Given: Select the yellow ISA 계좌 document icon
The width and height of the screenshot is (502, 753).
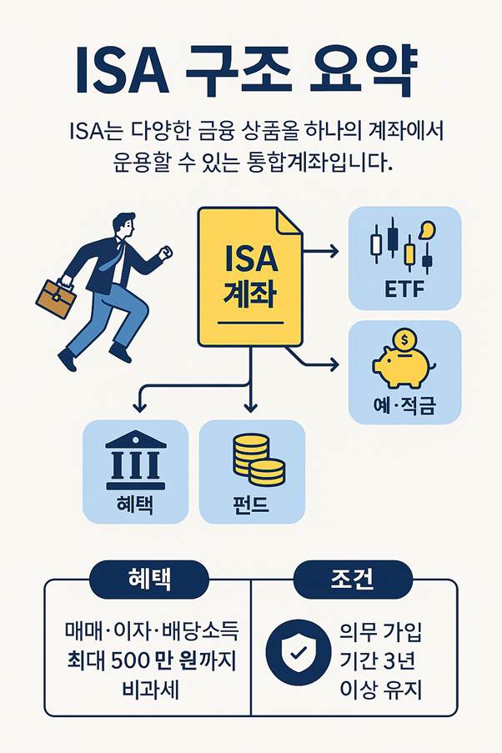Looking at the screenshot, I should tap(249, 275).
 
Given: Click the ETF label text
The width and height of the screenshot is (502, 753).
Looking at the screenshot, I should tap(404, 290).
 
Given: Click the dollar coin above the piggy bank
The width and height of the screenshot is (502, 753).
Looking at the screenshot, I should tap(404, 339).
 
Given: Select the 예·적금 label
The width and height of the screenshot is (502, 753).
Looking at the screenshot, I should tap(404, 406).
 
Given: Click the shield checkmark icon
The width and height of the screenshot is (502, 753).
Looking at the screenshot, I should tap(298, 655).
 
